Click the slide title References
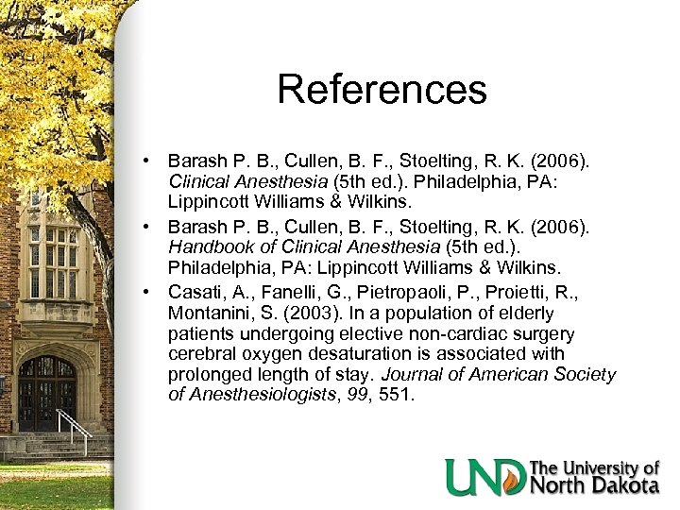pos(382,90)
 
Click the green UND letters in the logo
pos(484,477)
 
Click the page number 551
pos(395,396)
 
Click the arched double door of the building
pos(47,392)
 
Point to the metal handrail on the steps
pos(78,430)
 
